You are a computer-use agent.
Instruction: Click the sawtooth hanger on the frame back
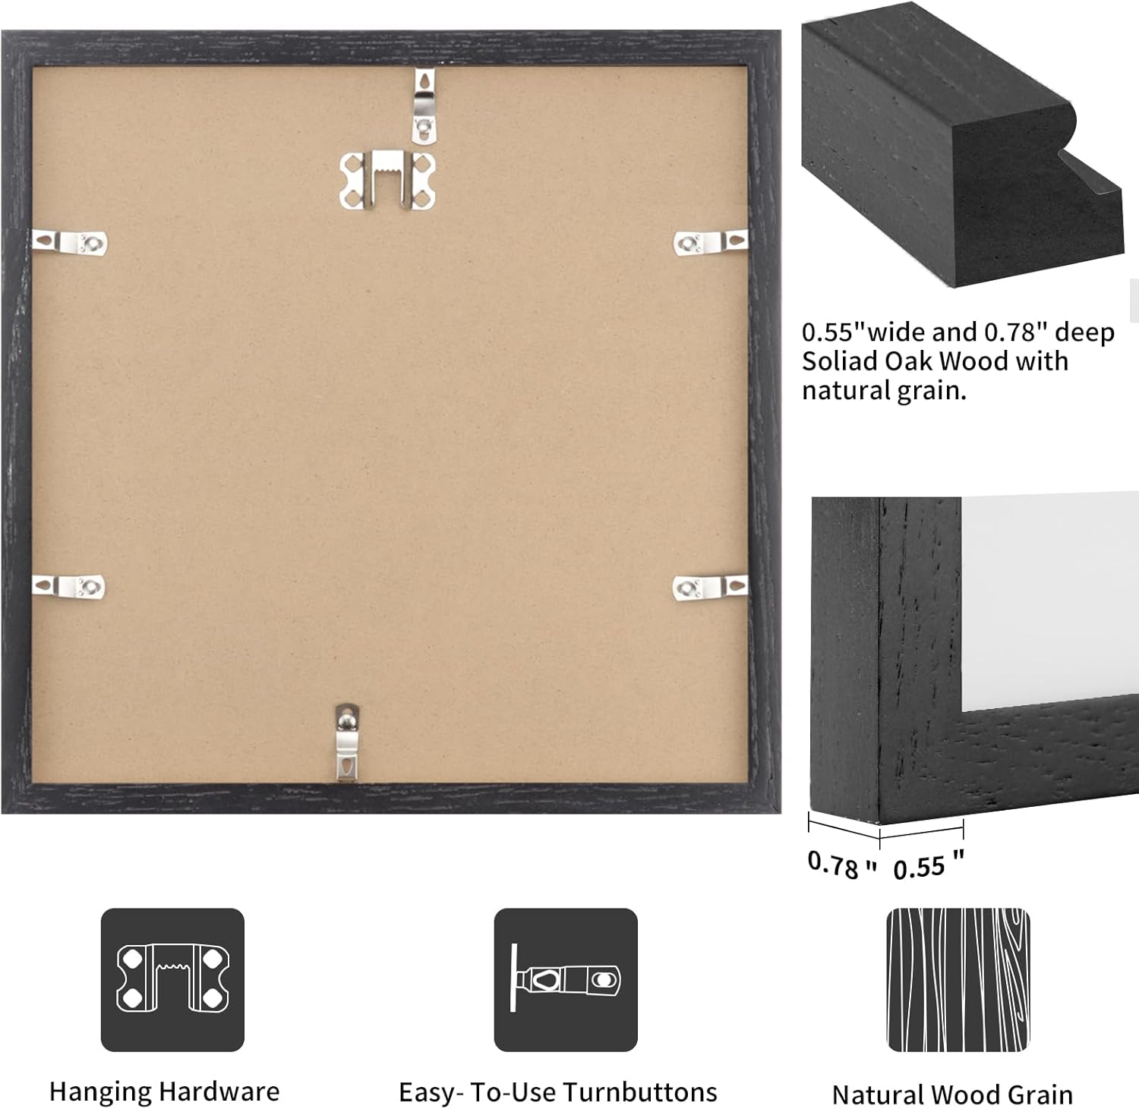(387, 180)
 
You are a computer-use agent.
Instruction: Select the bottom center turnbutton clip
(346, 742)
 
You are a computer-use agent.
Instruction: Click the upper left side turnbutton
(70, 242)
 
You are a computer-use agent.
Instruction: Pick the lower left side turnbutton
(68, 586)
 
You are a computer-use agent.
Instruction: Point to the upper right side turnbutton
(711, 243)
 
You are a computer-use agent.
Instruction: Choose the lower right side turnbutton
(710, 587)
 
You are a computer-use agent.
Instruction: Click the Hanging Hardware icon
(172, 979)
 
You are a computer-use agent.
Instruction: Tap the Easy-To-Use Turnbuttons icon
(566, 979)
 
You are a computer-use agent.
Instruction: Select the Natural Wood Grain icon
(958, 979)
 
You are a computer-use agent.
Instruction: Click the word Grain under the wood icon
(1040, 1095)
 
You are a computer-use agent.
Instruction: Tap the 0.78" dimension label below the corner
(841, 864)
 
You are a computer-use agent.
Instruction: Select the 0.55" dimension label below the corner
(929, 865)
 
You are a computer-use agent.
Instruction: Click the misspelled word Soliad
(840, 361)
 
